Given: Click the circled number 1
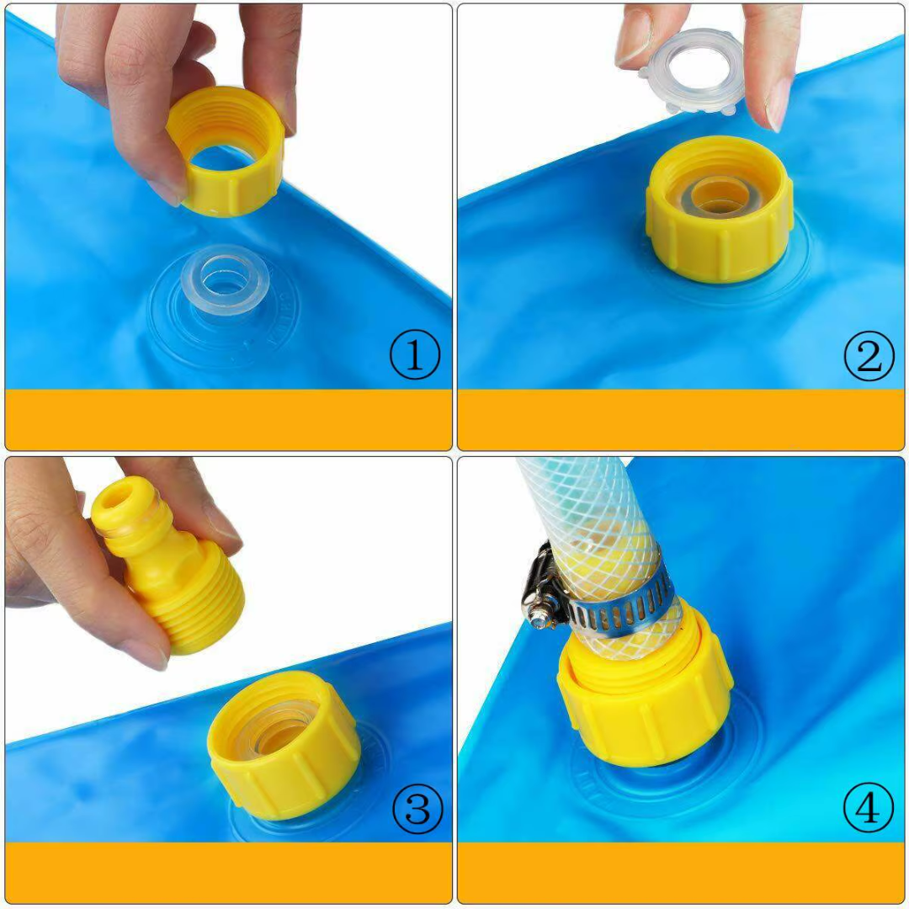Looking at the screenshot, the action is pos(414,354).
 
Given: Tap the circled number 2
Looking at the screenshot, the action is pos(869,355).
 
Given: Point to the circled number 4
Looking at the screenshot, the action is pos(869,807).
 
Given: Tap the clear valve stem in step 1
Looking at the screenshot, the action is pos(225,284).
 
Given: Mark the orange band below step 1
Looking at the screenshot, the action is pos(228,419).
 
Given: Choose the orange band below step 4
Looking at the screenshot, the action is pos(681,872).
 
